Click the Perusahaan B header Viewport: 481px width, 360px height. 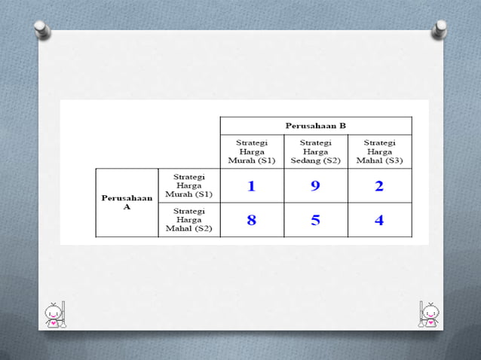click(x=315, y=125)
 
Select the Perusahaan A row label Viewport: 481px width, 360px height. click(x=127, y=203)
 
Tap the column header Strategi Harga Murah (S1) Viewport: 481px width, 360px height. click(x=252, y=151)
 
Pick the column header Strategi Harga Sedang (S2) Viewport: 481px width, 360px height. click(x=315, y=151)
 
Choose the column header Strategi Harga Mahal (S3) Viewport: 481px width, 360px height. click(x=379, y=151)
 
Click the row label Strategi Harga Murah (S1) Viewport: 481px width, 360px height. click(x=189, y=185)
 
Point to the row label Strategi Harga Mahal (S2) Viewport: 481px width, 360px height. click(x=189, y=220)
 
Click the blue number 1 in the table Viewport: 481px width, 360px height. click(x=252, y=186)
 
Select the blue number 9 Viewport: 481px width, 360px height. click(x=315, y=186)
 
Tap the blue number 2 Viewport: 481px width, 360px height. click(x=379, y=186)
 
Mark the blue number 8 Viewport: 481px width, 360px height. click(x=252, y=220)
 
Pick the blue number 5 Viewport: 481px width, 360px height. click(x=315, y=220)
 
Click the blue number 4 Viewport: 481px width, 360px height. click(x=379, y=220)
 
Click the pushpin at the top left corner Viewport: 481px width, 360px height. click(x=42, y=31)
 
